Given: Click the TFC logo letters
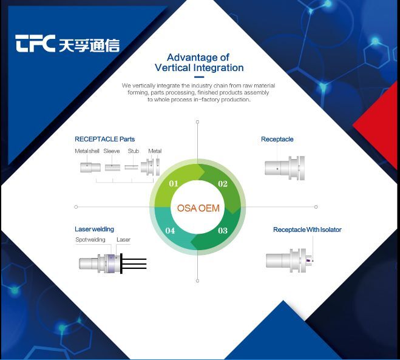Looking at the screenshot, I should (x=36, y=44).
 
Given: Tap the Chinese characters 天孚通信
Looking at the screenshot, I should (x=90, y=45).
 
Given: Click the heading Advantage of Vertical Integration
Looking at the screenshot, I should (x=198, y=63).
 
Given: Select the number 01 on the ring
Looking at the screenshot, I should (x=173, y=184).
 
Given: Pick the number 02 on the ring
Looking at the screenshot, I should (x=223, y=184).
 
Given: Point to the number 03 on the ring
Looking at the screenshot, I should (x=223, y=230).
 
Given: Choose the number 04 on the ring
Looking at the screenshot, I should (x=171, y=231).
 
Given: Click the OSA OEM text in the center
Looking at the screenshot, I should (x=198, y=208).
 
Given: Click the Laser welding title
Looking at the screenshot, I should (x=94, y=229).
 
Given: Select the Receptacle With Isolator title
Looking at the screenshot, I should (x=307, y=229).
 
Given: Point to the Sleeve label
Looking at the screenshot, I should (x=112, y=151).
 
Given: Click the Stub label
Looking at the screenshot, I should (x=133, y=151).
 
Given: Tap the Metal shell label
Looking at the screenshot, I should (x=87, y=151).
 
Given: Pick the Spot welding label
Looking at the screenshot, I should (x=90, y=240).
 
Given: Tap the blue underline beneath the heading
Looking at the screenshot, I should (x=198, y=77).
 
